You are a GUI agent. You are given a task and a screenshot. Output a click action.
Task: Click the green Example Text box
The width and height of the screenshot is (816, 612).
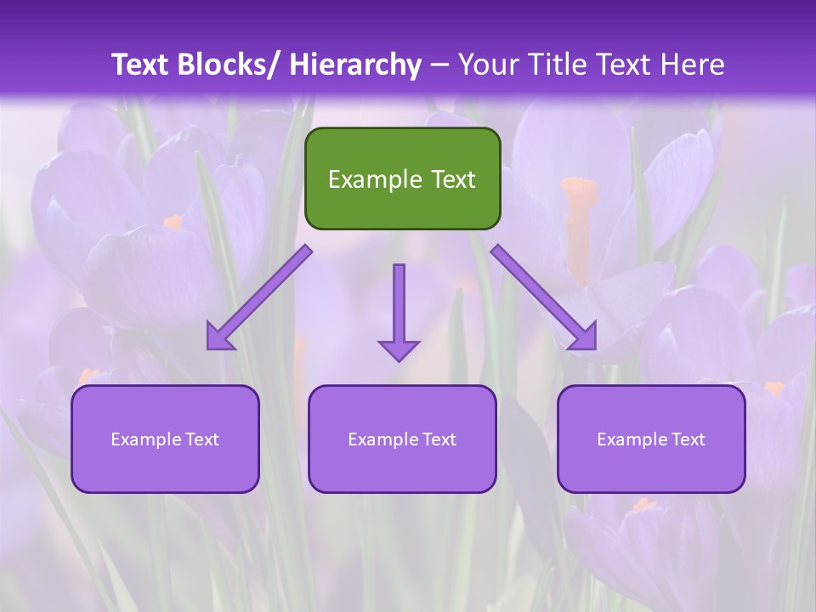pos(402,178)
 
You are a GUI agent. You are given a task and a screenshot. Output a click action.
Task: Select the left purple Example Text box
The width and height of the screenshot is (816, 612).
pos(165,439)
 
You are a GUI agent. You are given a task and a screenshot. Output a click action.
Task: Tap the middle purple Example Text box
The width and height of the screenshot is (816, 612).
pos(402,439)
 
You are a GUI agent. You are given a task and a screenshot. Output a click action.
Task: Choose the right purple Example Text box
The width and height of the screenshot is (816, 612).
pos(651,439)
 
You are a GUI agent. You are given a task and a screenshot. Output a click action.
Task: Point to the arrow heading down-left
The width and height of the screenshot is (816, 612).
pos(259,298)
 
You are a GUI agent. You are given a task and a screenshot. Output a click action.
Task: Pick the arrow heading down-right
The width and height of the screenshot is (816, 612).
pos(544,298)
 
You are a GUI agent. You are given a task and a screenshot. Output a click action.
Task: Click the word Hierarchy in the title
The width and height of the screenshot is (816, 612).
pos(355,65)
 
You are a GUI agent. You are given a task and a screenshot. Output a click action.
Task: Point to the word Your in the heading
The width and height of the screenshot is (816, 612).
pos(486,65)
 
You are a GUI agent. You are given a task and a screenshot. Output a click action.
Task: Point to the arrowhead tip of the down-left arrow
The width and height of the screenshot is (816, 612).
pos(209,348)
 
